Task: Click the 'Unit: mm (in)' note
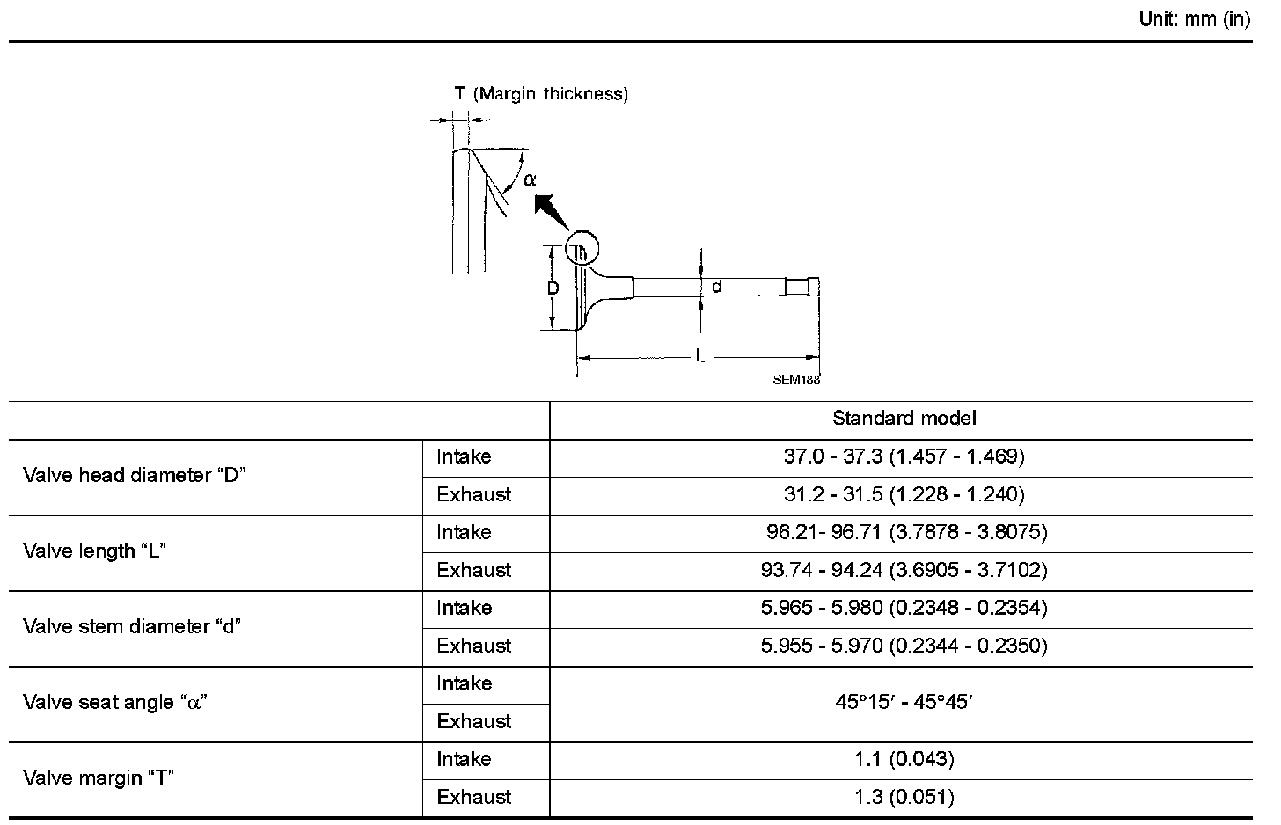[1194, 19]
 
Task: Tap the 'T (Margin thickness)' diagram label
[541, 94]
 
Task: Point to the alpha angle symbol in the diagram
[529, 179]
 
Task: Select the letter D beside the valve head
[553, 288]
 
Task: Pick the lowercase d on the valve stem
[716, 287]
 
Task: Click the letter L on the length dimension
[700, 357]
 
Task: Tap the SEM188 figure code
[796, 380]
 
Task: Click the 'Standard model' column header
[904, 418]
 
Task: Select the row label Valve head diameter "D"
[135, 476]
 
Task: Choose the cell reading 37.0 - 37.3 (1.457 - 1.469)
[904, 456]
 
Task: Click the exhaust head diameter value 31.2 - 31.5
[904, 494]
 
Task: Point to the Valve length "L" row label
[95, 551]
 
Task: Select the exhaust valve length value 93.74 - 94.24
[904, 570]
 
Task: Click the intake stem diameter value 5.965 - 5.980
[904, 608]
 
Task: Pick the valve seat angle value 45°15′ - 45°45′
[904, 702]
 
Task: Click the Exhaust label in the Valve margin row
[473, 797]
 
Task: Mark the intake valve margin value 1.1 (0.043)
[904, 759]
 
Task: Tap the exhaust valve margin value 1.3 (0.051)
[904, 797]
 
